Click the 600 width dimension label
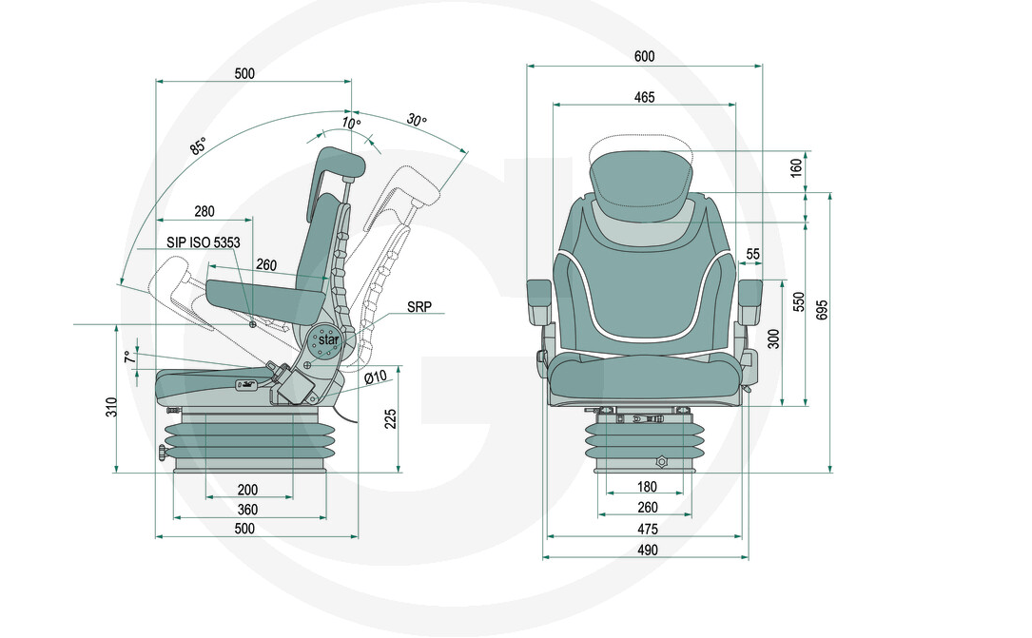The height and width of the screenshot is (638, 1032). [644, 56]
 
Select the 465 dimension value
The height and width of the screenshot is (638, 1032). [644, 97]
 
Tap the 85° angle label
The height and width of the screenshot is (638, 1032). [198, 146]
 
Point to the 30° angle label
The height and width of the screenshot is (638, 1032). [416, 121]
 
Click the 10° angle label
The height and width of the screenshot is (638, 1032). [351, 124]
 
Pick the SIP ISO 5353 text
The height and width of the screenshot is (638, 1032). [203, 242]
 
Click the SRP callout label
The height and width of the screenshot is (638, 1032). [419, 308]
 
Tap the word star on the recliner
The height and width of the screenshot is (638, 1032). [328, 339]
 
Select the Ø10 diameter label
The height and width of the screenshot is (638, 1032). [376, 377]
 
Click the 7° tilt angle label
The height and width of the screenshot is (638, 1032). [127, 358]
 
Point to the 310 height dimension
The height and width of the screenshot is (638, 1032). [111, 408]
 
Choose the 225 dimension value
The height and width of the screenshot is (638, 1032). [390, 418]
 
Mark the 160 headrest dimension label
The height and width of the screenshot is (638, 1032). [797, 169]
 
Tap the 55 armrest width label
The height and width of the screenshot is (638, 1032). [753, 254]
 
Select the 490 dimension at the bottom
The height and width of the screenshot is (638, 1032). [647, 550]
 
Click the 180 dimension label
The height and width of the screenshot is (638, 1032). [647, 488]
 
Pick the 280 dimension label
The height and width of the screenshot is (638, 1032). [204, 211]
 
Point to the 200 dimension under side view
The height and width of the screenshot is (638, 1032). [248, 490]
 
